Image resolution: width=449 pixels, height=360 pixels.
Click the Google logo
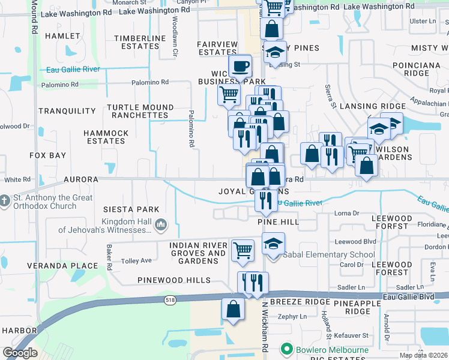(x=20, y=353)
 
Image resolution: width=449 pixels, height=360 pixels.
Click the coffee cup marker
(x=241, y=67)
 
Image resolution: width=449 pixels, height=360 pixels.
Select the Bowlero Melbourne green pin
(x=286, y=349)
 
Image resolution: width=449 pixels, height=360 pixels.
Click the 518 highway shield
(x=170, y=298)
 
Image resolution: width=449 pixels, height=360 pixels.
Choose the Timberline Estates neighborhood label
(x=140, y=42)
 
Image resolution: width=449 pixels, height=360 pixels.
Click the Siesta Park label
(x=131, y=209)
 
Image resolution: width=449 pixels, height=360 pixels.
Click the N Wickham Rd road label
(x=264, y=333)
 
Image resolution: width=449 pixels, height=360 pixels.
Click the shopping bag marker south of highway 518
(x=233, y=310)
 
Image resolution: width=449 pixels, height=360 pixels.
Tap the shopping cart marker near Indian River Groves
(x=243, y=250)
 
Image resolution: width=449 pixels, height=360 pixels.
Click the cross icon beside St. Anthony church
(x=5, y=201)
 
